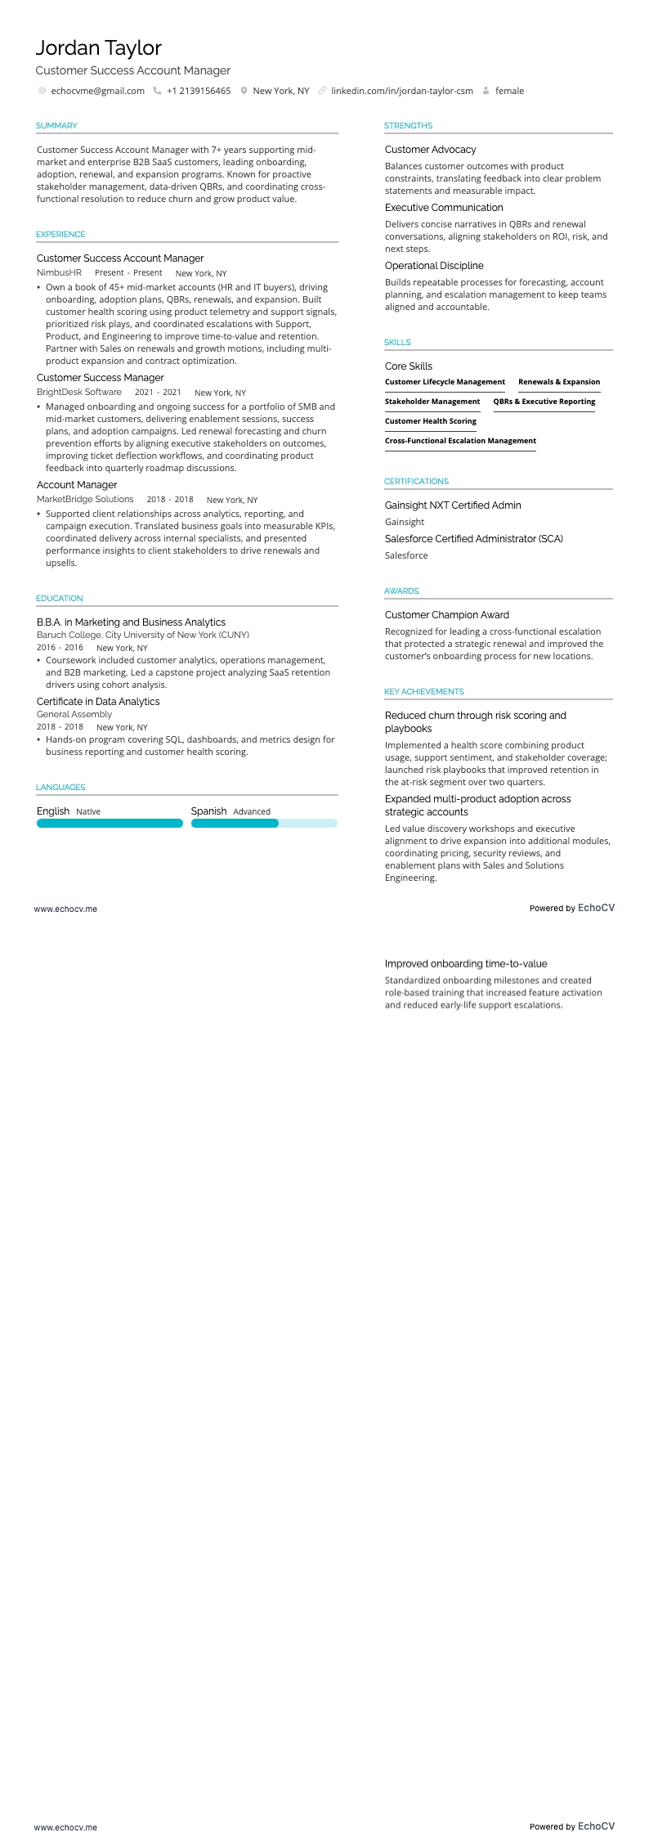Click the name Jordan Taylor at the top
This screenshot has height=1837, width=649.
pos(99,48)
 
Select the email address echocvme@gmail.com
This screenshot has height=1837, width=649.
pos(97,91)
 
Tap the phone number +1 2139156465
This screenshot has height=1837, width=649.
pos(199,91)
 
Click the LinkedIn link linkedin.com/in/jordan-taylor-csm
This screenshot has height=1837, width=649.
pos(401,91)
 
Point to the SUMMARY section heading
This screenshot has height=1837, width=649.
pos(56,126)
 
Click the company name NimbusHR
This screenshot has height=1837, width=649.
pos(59,272)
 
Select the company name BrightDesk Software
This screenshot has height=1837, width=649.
pos(79,392)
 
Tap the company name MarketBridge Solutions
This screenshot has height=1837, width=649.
pos(85,499)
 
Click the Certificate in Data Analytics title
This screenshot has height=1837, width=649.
pos(98,702)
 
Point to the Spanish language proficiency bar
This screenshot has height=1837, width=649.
pos(263,824)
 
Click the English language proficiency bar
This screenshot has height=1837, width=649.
pos(110,824)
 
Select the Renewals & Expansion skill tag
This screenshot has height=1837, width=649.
pos(559,382)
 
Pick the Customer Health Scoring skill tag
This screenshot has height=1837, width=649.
pos(431,421)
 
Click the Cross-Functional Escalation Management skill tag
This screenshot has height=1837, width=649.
pos(460,441)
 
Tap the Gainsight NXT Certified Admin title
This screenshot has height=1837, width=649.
pos(453,505)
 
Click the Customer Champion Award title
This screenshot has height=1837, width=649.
pos(447,615)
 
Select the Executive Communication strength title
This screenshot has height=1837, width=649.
pos(444,208)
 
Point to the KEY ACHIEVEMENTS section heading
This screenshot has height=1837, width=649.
pos(424,692)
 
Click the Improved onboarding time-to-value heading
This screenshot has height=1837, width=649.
pos(466,963)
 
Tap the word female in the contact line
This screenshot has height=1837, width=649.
pos(509,91)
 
